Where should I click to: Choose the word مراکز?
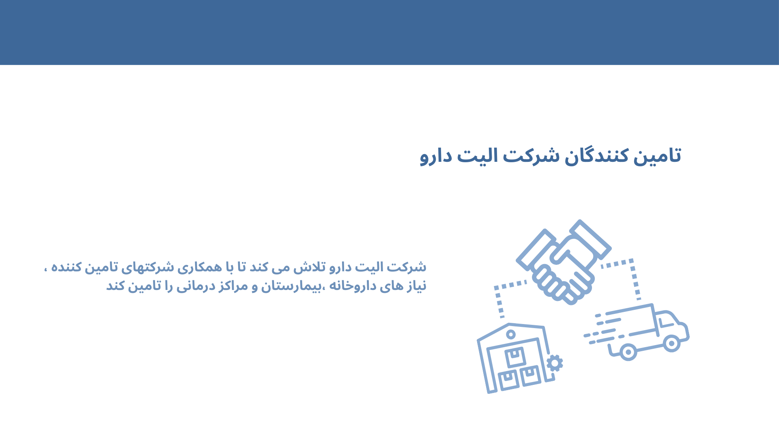point(234,286)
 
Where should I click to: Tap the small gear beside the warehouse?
point(555,363)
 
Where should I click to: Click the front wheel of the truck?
point(671,344)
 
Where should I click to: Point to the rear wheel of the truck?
point(628,352)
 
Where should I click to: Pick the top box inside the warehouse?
point(515,357)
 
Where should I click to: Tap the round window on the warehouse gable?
point(511,335)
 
